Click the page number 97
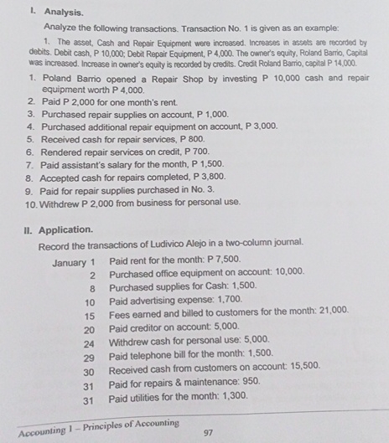210,434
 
